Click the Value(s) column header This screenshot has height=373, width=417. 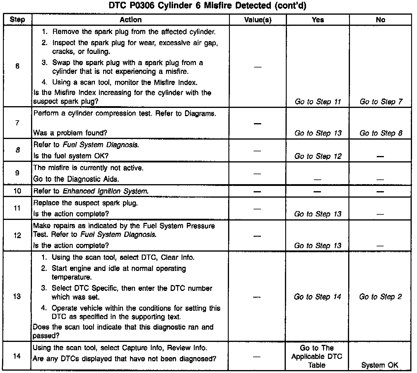pyautogui.click(x=258, y=20)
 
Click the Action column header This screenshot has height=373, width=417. pyautogui.click(x=131, y=20)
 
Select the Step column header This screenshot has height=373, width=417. pyautogui.click(x=17, y=20)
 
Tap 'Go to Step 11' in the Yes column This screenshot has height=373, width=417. pyautogui.click(x=318, y=102)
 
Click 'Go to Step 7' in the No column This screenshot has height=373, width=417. pyautogui.click(x=381, y=102)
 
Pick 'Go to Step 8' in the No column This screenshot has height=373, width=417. pyautogui.click(x=381, y=133)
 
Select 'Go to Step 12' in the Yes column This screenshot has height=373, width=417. pyautogui.click(x=318, y=156)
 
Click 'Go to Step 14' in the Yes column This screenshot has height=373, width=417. pyautogui.click(x=317, y=297)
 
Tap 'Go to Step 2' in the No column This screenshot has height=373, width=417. pyautogui.click(x=380, y=297)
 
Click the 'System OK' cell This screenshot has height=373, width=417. pyautogui.click(x=380, y=365)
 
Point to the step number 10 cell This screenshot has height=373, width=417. pyautogui.click(x=17, y=191)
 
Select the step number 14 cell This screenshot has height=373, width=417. pyautogui.click(x=17, y=357)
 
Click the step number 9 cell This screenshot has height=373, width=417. pyautogui.click(x=17, y=173)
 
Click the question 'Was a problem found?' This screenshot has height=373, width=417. pyautogui.click(x=70, y=133)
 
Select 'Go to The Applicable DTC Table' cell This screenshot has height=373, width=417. pyautogui.click(x=317, y=357)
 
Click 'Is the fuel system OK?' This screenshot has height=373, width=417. pyautogui.click(x=71, y=156)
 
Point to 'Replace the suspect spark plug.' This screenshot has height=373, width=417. pyautogui.click(x=86, y=203)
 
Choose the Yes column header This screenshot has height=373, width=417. pyautogui.click(x=318, y=20)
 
